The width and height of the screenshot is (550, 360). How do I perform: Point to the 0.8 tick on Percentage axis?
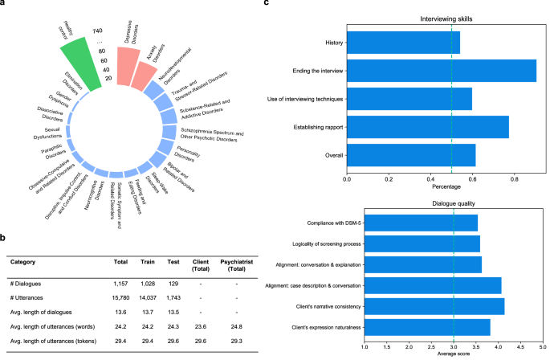514,181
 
